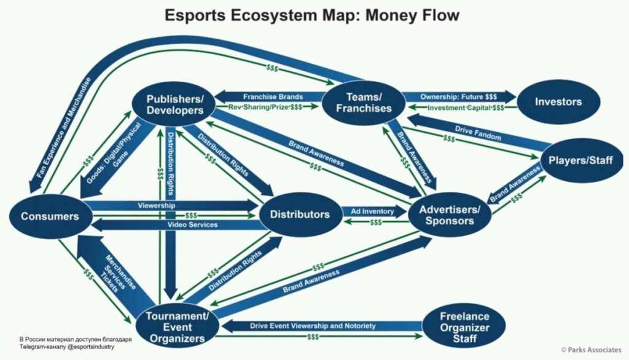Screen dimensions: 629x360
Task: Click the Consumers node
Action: [50, 216]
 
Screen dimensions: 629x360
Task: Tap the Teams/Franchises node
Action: [364, 103]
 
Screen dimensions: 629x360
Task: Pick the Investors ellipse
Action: [558, 102]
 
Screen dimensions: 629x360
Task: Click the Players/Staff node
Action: [580, 160]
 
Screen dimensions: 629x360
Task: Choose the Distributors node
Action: [300, 214]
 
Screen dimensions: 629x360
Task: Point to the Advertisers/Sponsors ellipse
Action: [449, 215]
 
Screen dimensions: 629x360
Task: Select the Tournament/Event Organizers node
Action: [177, 327]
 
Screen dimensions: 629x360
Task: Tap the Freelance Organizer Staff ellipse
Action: [464, 327]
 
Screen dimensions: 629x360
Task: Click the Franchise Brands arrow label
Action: [273, 96]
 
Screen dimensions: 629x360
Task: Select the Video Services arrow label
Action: [192, 225]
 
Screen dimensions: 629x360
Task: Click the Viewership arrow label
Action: [157, 205]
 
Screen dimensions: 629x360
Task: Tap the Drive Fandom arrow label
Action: [478, 133]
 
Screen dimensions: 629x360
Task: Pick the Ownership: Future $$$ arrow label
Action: [458, 96]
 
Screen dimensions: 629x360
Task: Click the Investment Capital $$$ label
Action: [466, 108]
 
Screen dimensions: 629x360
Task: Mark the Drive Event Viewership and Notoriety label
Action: [313, 326]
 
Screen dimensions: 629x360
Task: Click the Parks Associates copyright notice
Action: [591, 350]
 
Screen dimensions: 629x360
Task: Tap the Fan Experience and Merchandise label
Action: [63, 128]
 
